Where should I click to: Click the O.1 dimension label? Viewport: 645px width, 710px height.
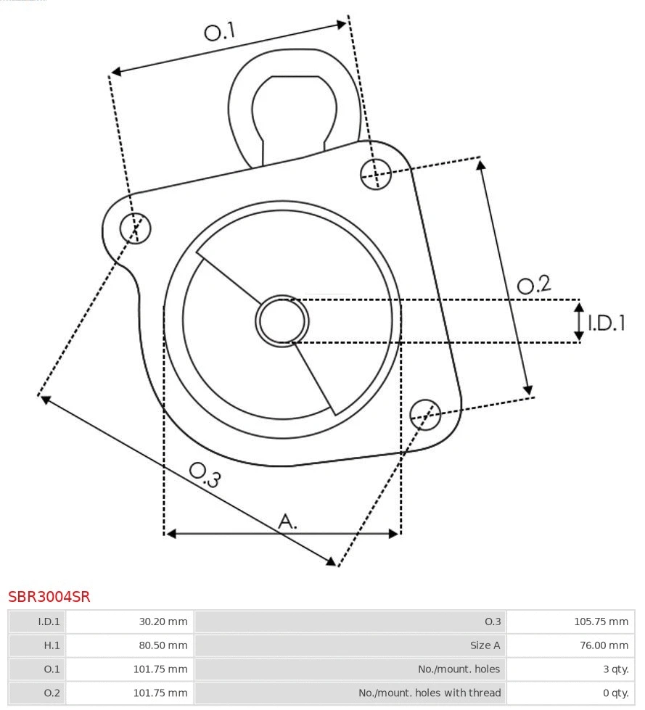click(220, 31)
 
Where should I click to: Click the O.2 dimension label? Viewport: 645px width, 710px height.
click(534, 284)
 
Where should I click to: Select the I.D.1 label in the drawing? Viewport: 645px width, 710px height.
click(606, 323)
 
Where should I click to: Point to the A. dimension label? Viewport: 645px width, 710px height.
click(288, 521)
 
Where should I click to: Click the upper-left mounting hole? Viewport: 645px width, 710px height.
click(136, 228)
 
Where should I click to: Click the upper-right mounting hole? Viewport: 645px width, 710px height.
click(377, 173)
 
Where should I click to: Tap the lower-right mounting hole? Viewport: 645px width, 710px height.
click(425, 413)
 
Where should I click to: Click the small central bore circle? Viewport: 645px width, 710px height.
click(282, 321)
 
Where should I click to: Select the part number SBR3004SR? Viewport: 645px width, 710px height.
click(49, 597)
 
